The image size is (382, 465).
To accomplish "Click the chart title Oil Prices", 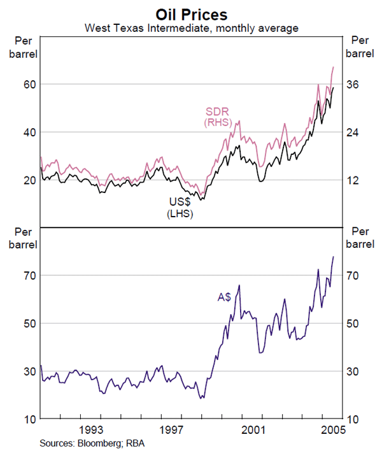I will click(x=192, y=13).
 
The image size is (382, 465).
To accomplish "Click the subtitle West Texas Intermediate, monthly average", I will click(x=192, y=28).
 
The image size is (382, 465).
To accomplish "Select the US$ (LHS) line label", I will click(x=180, y=208).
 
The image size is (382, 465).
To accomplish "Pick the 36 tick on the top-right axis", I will click(x=353, y=85).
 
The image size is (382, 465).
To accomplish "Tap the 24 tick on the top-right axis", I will click(x=353, y=132).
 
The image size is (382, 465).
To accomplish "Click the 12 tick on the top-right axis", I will click(x=353, y=180).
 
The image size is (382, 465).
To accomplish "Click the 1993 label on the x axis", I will click(x=91, y=430).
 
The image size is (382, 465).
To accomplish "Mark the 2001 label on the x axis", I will click(x=253, y=430).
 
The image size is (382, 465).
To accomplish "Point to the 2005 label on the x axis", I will click(x=332, y=430).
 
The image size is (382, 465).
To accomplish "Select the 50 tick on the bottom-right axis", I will click(x=353, y=324).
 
